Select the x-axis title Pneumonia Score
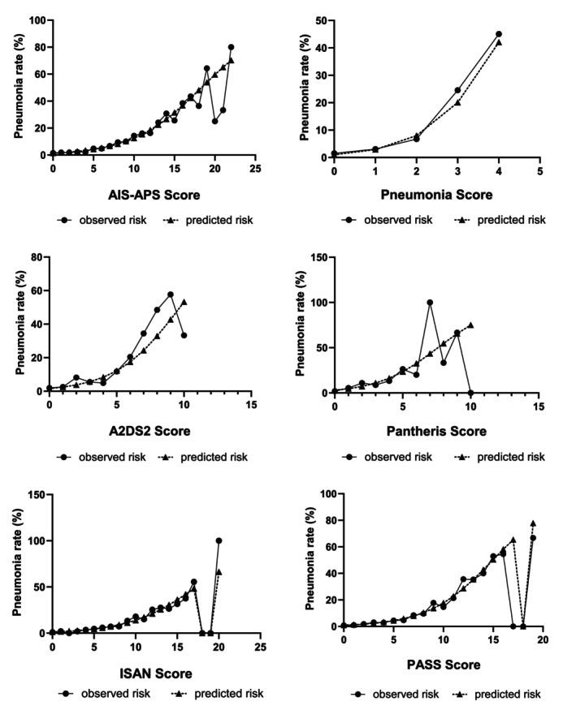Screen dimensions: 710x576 (431, 196)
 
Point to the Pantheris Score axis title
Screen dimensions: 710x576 (431, 432)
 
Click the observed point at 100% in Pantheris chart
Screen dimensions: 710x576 (430, 302)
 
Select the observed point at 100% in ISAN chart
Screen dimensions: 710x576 (219, 540)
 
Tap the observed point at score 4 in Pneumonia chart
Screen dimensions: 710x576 (498, 34)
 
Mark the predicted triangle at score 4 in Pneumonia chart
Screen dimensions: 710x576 (498, 42)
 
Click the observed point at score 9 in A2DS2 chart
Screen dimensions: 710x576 (171, 294)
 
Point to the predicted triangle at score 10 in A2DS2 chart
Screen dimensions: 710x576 (184, 302)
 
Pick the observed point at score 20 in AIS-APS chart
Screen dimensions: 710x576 (214, 121)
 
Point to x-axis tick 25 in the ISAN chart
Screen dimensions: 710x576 (260, 648)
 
